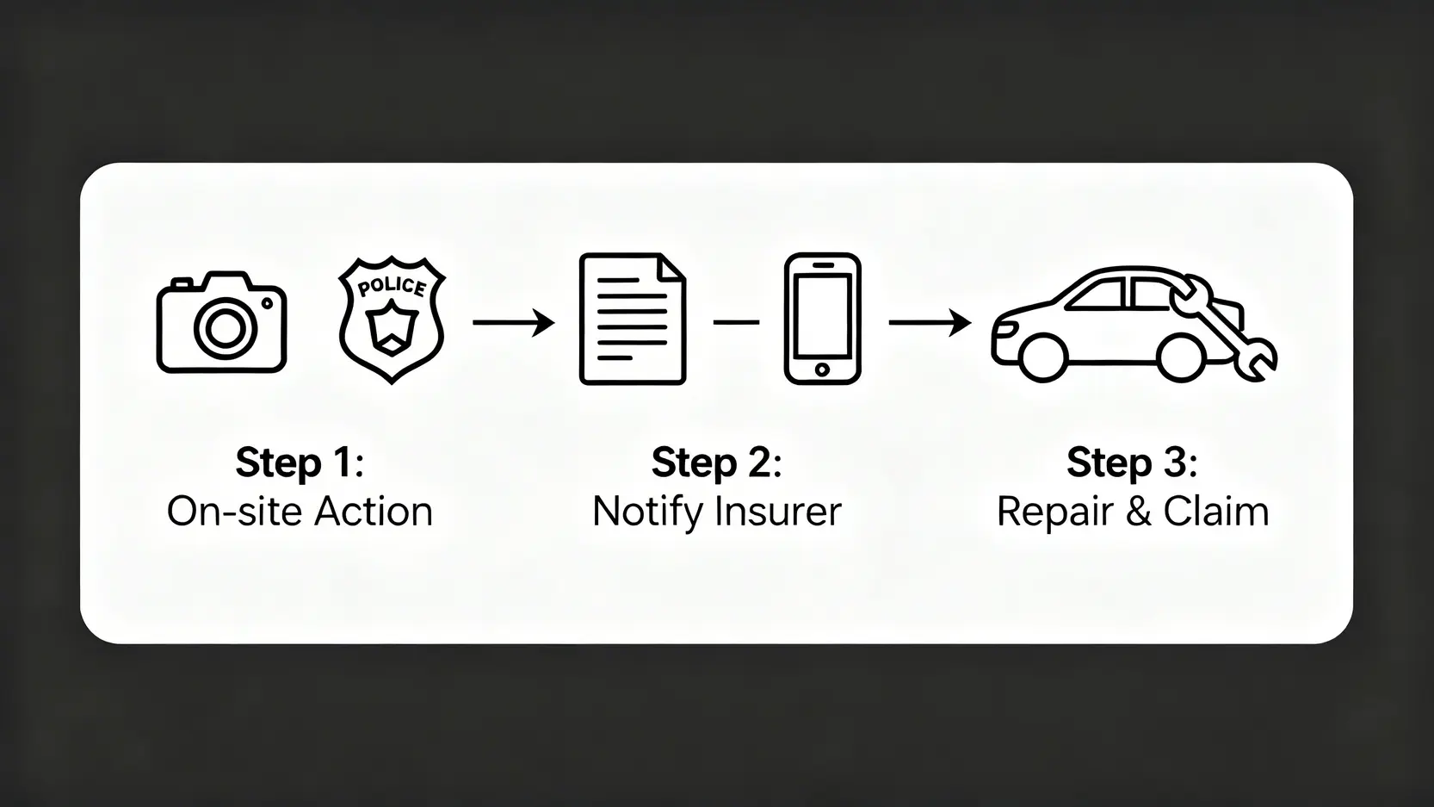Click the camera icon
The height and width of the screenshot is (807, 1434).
(221, 323)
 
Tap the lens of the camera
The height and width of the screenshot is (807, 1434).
(225, 326)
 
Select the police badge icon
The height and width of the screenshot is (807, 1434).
(392, 320)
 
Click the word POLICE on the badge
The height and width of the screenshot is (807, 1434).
(392, 286)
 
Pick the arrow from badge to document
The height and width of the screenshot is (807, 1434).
(514, 323)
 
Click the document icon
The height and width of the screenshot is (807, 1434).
(633, 319)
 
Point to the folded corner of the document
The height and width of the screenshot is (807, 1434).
(672, 266)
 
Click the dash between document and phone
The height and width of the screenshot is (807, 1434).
(736, 322)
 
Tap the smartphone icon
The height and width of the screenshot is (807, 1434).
(822, 319)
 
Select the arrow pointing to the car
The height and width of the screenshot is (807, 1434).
(930, 323)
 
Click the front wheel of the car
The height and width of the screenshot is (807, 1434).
(1042, 357)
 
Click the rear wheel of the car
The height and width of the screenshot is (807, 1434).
(1181, 357)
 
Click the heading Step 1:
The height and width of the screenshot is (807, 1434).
(300, 462)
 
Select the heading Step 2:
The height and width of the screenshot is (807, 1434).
(716, 462)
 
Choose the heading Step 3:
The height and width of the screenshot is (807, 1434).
(1132, 462)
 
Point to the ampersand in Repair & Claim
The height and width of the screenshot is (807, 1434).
(1137, 512)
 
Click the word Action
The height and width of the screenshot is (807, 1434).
(373, 512)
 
